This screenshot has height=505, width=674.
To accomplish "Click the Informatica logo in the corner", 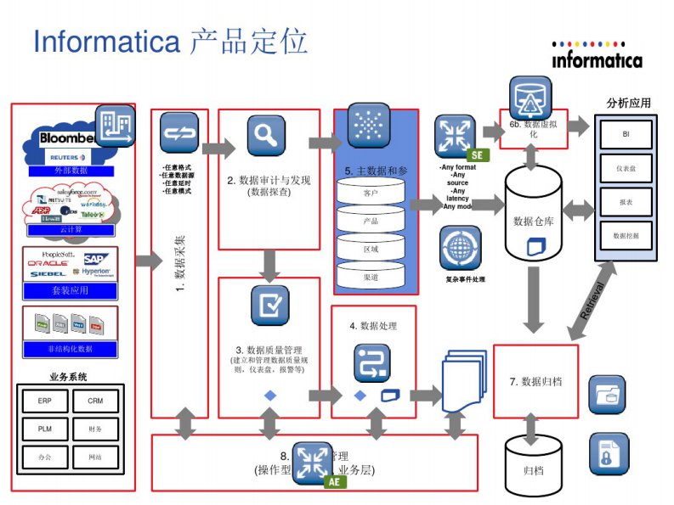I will tap(597, 55).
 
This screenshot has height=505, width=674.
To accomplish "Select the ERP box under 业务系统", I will tap(44, 401).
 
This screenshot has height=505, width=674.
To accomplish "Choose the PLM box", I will tap(44, 429).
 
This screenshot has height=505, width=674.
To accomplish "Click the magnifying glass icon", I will tap(266, 133).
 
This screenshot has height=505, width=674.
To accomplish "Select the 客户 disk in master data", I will tap(371, 194).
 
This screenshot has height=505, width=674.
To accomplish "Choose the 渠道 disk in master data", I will tap(371, 277).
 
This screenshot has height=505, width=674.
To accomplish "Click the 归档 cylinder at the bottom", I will tap(533, 468).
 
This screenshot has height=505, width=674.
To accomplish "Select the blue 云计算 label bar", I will tap(71, 229).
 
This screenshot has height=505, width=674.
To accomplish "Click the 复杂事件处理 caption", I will tap(464, 279).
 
